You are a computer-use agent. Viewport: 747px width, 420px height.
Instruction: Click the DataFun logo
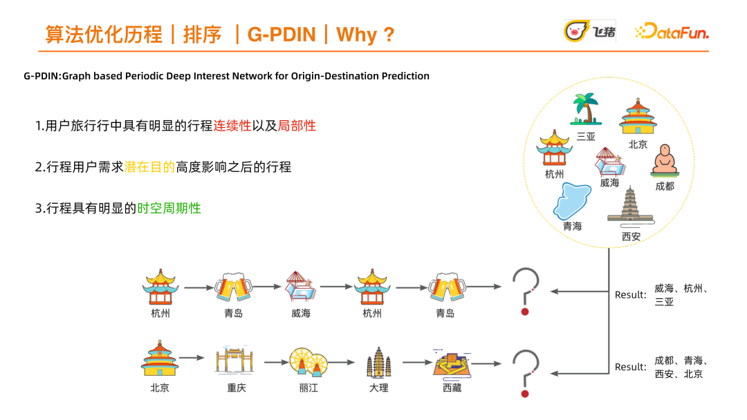(x=671, y=32)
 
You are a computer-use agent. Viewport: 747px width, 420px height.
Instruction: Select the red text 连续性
(x=232, y=126)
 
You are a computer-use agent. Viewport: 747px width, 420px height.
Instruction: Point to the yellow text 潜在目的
(x=149, y=166)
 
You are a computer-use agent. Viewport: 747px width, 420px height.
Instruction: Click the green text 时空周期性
(x=169, y=207)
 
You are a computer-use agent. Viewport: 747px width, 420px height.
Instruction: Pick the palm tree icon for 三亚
(x=586, y=110)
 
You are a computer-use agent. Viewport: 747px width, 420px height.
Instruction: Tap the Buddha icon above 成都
(x=664, y=162)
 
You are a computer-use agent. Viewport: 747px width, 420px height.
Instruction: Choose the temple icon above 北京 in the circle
(x=637, y=117)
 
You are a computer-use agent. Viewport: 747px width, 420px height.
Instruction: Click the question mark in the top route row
(x=525, y=291)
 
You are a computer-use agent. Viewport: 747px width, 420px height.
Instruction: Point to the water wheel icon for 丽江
(x=308, y=361)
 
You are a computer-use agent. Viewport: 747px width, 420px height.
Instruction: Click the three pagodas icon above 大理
(x=378, y=362)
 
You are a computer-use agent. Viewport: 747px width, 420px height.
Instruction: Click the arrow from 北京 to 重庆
(x=193, y=358)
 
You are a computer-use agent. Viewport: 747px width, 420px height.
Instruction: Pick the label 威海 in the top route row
(x=301, y=314)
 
